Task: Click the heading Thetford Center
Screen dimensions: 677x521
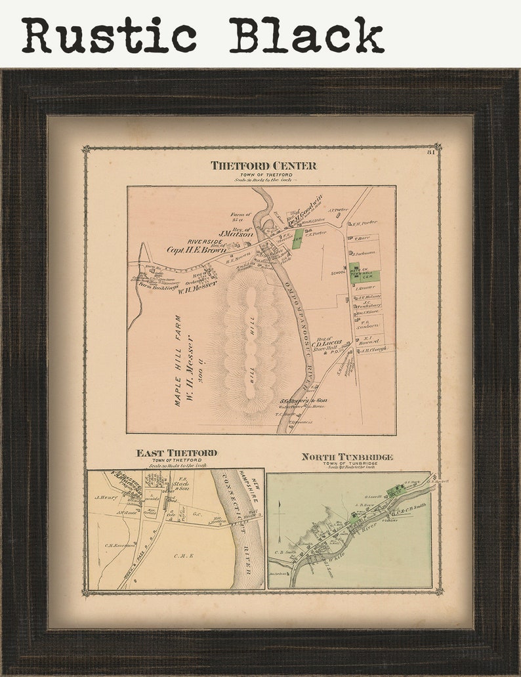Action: (263, 165)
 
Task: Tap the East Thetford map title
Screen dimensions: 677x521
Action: (177, 453)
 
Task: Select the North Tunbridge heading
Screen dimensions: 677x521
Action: (347, 457)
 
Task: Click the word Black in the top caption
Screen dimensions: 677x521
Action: (306, 35)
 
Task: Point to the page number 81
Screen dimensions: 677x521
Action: (431, 153)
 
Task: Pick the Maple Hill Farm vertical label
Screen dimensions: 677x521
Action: (177, 360)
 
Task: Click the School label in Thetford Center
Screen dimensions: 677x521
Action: (339, 272)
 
